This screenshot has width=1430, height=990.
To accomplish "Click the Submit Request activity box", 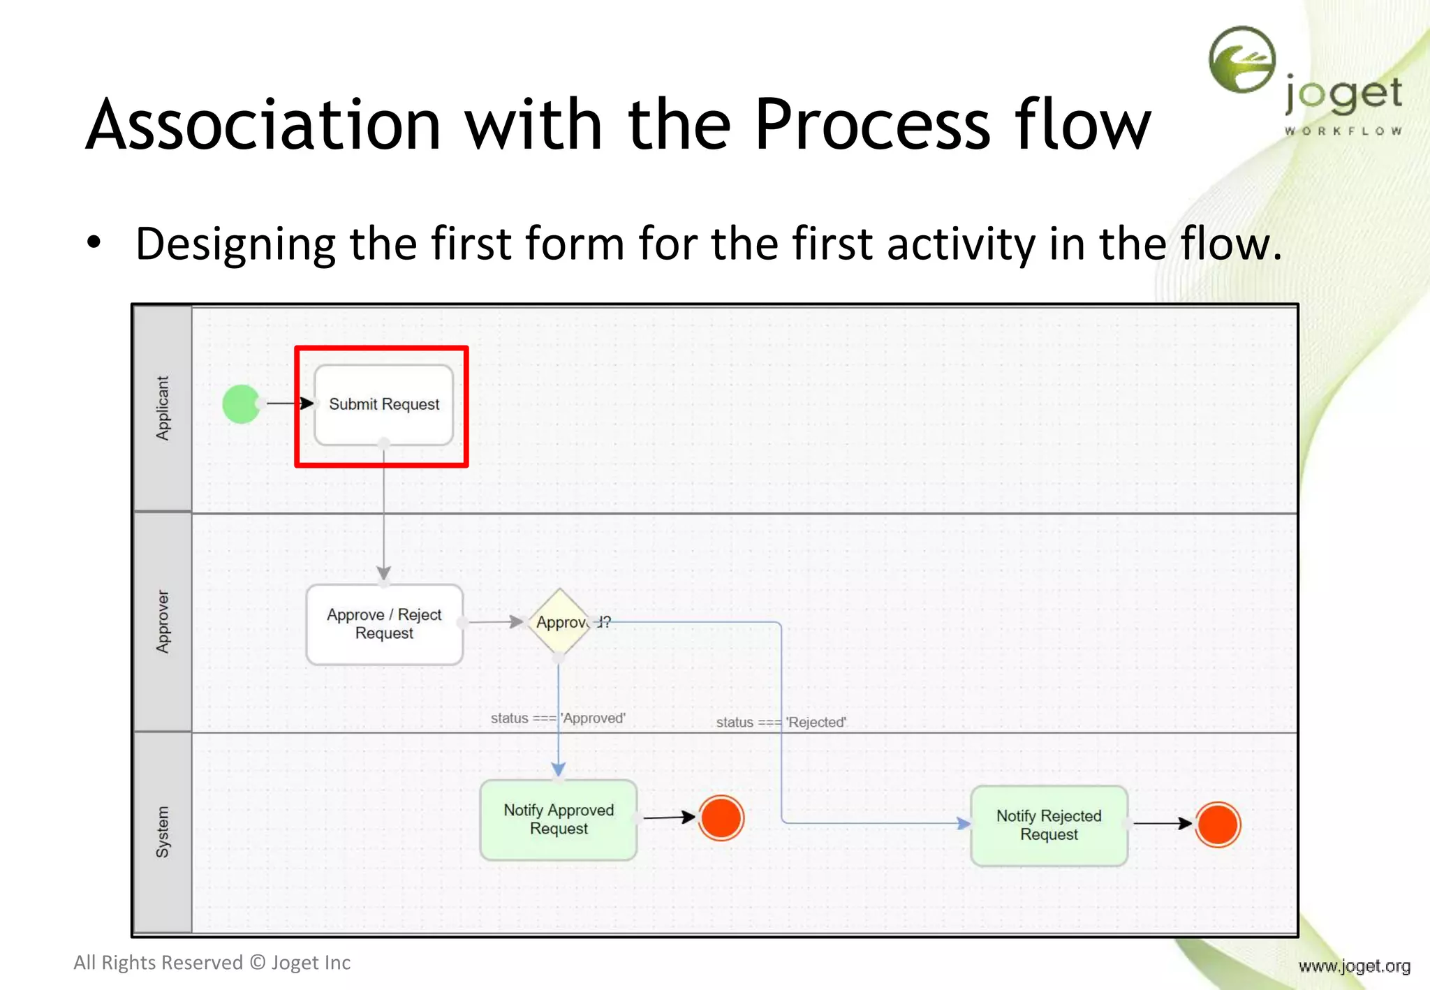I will tap(383, 404).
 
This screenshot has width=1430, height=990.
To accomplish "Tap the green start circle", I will tap(241, 404).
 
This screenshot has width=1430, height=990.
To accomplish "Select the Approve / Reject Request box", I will tap(384, 624).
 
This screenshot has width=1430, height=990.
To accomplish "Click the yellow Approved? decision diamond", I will tap(559, 621).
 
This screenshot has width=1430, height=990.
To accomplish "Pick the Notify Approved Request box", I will tap(558, 820).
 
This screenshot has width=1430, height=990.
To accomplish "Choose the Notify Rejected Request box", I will tap(1048, 825).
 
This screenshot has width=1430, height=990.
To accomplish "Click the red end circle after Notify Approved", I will tap(721, 818).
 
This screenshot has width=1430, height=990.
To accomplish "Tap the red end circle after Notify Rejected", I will tap(1217, 825).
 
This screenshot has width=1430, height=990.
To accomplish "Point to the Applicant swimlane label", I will tap(163, 408).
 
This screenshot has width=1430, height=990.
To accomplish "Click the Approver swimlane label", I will tap(163, 622).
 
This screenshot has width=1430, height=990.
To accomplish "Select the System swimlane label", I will tap(163, 832).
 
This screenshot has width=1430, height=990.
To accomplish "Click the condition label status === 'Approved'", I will tap(557, 718).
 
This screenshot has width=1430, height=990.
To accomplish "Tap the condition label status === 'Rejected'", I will tap(781, 723).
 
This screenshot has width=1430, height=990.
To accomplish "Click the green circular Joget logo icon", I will tap(1242, 60).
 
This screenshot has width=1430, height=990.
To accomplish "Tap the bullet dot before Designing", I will tap(94, 243).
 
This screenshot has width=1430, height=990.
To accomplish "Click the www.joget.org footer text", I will tap(1354, 966).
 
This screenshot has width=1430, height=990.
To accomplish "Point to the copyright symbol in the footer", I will tap(258, 963).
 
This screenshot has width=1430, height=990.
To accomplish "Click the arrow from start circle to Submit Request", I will tap(288, 404).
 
